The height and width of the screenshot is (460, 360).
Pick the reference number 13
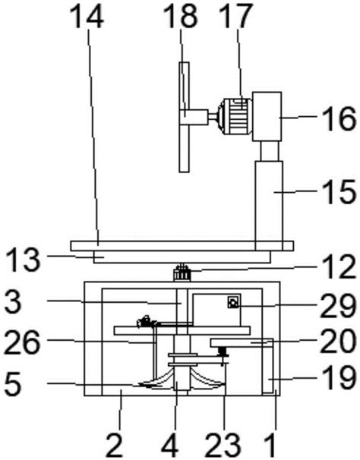pyautogui.click(x=23, y=260)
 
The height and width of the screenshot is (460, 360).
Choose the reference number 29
pyautogui.click(x=338, y=306)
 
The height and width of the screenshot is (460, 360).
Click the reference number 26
pyautogui.click(x=23, y=342)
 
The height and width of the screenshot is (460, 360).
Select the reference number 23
pyautogui.click(x=223, y=445)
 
